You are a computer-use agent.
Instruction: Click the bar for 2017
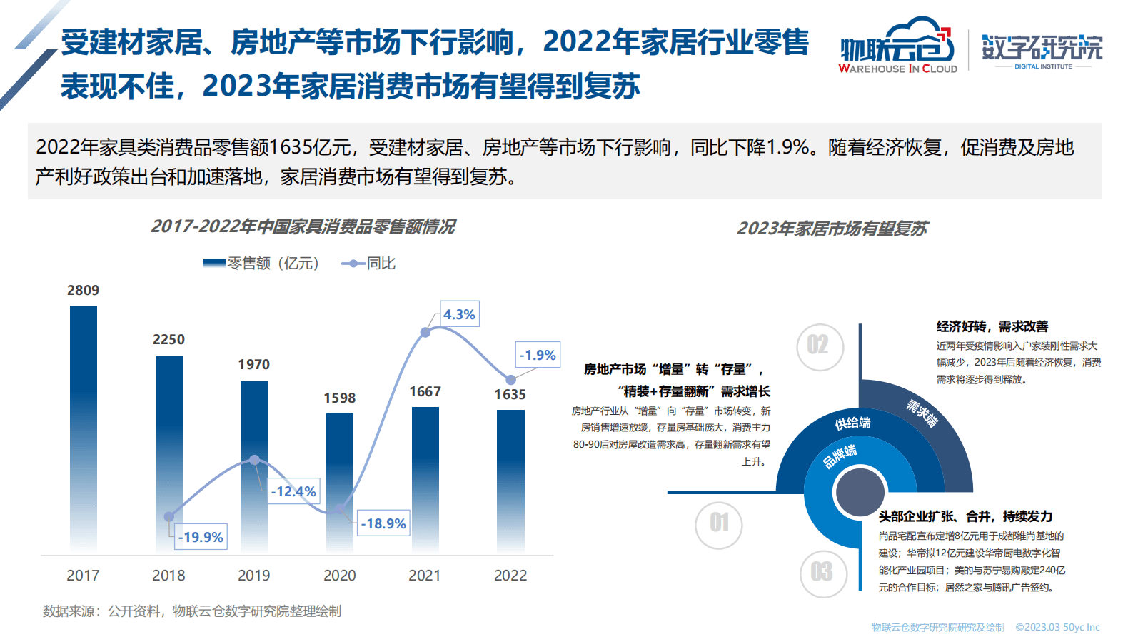pyautogui.click(x=84, y=428)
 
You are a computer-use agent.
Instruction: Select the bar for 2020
pyautogui.click(x=340, y=482)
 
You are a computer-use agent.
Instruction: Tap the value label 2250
pyautogui.click(x=168, y=340)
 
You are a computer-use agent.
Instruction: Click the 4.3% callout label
pyautogui.click(x=459, y=314)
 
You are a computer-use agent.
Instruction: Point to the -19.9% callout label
pyautogui.click(x=201, y=537)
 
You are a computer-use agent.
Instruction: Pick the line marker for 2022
pyautogui.click(x=510, y=380)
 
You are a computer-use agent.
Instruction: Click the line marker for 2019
pyautogui.click(x=254, y=460)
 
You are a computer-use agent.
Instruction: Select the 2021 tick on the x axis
pyautogui.click(x=425, y=576)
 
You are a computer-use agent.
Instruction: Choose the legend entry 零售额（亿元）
pyautogui.click(x=261, y=264)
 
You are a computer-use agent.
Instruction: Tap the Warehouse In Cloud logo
pyautogui.click(x=897, y=46)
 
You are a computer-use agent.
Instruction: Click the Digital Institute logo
pyautogui.click(x=1042, y=50)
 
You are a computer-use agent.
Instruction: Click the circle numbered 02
pyautogui.click(x=820, y=347)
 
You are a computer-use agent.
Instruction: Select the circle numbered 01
pyautogui.click(x=719, y=525)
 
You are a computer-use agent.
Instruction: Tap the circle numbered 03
pyautogui.click(x=822, y=573)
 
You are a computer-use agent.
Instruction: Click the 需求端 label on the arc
pyautogui.click(x=922, y=413)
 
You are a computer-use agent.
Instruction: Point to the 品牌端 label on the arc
pyautogui.click(x=840, y=456)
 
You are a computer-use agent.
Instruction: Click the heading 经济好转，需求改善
pyautogui.click(x=992, y=326)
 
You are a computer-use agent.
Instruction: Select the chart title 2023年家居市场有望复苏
pyautogui.click(x=832, y=229)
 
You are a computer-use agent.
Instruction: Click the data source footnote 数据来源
pyautogui.click(x=192, y=611)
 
